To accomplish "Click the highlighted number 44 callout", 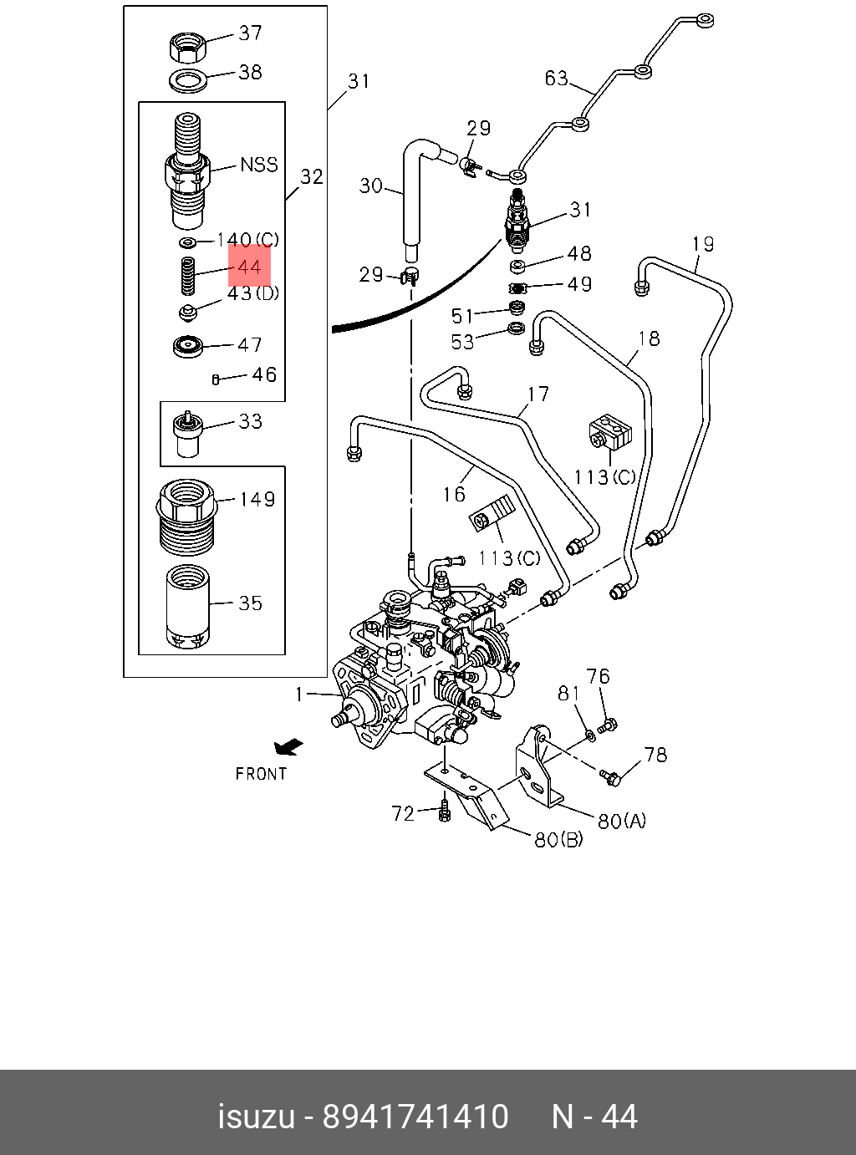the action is pos(249,267).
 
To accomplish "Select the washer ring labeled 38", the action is pos(188,79).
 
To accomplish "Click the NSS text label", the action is pos(259,165).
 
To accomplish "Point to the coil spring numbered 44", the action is pos(187,276).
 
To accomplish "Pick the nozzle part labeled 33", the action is pos(187,434).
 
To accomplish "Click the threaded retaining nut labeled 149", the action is pos(186,517).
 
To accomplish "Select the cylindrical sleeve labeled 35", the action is pos(187,607).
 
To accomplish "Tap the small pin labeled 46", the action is pos(216,379).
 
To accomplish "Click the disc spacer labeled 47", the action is pos(188,346).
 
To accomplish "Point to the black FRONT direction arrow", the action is pos(288,747).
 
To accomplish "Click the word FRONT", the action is pos(261,774).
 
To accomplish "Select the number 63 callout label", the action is pos(556,78).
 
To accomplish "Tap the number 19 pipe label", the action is pos(703,244).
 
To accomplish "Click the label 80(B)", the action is pos(558,839).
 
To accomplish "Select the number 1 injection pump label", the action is pos(298,695).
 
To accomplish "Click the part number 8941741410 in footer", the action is pos(415,1117).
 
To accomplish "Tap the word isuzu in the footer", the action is pos(257,1117).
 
